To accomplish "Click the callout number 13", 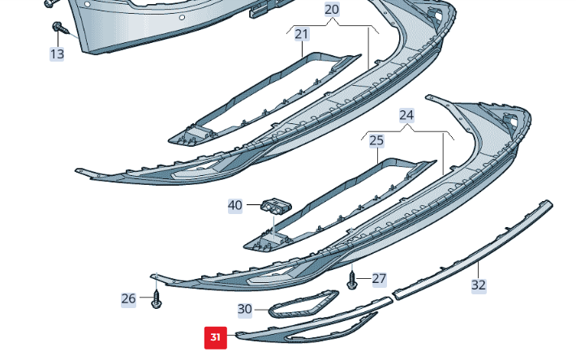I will tap(57, 54).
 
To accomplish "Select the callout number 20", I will tap(332, 10).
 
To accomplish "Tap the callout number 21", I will tap(302, 34).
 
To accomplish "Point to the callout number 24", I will tap(406, 115).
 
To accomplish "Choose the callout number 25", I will tap(376, 140).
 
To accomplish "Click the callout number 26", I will tap(129, 298).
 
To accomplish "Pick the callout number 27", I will tap(379, 279).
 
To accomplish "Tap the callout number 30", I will tap(245, 309).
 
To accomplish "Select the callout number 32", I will tap(479, 285).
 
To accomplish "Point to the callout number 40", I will tap(235, 206).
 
